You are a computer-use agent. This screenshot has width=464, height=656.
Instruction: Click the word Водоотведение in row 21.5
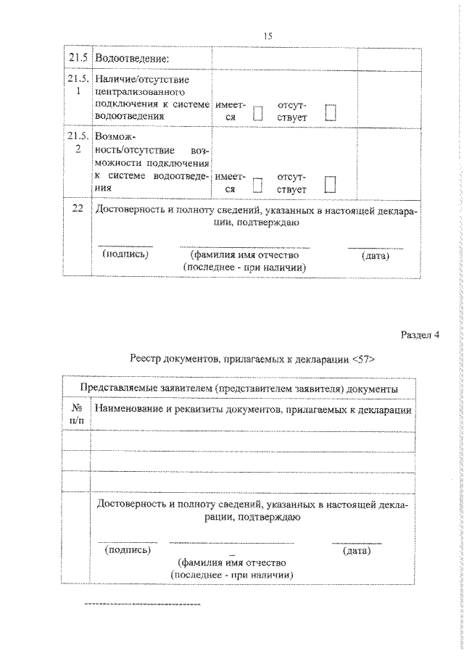pos(127,57)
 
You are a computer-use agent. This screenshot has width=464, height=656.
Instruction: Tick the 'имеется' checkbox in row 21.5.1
pos(257,112)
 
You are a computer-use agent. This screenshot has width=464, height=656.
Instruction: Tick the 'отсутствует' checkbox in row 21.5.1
pos(331,112)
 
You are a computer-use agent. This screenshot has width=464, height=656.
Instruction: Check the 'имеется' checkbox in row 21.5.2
pos(257,185)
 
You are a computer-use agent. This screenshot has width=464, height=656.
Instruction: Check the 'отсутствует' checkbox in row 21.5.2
pos(331,184)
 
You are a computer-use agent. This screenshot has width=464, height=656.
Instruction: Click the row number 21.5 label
pos(77,57)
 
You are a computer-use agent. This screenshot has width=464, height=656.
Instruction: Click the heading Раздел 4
pos(420,334)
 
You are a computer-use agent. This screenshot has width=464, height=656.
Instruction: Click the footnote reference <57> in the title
pos(362,357)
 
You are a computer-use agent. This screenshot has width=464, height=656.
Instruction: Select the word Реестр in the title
pos(148,357)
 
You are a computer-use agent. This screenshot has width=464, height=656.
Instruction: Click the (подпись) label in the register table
pos(128,551)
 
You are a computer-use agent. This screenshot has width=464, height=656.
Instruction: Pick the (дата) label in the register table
pos(356,551)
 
